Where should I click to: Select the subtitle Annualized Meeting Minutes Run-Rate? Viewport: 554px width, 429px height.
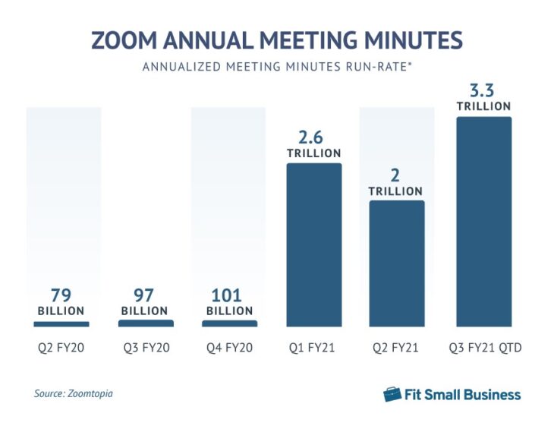[276, 67]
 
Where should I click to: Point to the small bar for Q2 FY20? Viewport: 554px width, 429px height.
[61, 324]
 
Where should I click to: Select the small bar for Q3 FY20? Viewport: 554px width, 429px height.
[146, 323]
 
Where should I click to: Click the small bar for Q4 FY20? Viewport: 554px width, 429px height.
[229, 323]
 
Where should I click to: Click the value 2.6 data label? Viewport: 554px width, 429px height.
[313, 138]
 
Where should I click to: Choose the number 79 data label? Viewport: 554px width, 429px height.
[61, 295]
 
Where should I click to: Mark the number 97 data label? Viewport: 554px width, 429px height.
[146, 295]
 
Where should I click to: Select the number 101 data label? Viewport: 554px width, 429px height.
[229, 295]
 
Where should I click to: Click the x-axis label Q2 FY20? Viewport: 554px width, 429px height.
[61, 349]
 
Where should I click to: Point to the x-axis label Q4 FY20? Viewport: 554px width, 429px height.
[229, 349]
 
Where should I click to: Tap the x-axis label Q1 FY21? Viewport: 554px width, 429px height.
[313, 349]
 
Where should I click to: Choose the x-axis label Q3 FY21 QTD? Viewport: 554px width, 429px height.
[483, 349]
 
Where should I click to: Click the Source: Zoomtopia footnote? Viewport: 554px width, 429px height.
[78, 394]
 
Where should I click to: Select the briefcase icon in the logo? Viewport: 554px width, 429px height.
[392, 394]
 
